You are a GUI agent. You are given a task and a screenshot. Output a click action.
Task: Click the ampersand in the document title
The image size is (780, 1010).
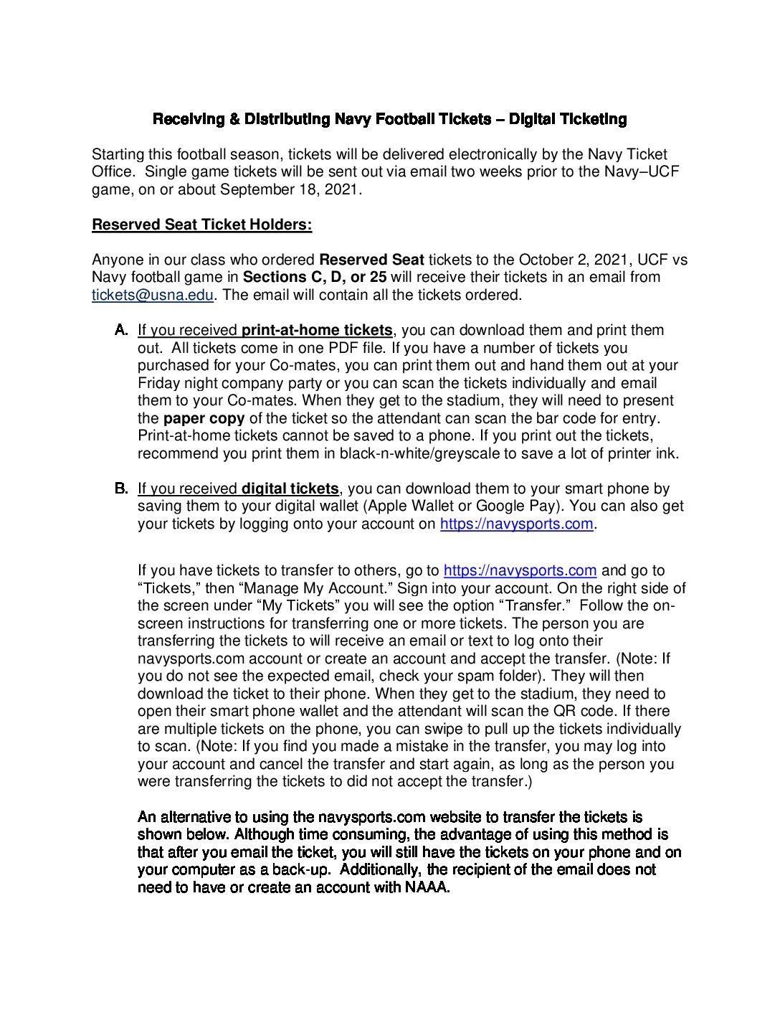[234, 119]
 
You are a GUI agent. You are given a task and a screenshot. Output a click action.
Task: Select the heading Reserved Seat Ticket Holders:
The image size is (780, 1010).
[201, 225]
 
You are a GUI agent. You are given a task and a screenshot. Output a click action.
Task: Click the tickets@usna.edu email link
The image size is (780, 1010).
[153, 295]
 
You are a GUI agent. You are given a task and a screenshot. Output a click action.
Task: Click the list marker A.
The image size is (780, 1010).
[121, 330]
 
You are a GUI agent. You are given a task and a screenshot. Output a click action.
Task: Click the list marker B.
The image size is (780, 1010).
[121, 489]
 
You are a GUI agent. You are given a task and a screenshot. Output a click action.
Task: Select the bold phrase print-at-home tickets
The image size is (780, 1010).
[317, 330]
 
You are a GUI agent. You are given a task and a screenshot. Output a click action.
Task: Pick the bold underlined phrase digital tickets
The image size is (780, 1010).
[290, 489]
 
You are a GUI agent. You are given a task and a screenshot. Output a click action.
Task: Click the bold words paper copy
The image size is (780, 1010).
[204, 418]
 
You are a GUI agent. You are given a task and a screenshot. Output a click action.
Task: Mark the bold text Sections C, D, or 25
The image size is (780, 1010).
[315, 277]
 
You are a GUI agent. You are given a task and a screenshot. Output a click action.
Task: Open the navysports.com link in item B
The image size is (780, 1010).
[516, 524]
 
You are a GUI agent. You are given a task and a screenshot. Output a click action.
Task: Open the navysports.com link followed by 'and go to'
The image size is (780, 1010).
[520, 570]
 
